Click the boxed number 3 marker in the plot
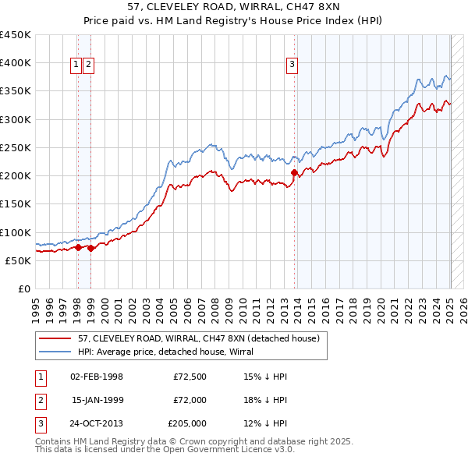(x=292, y=65)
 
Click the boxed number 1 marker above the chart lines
(x=77, y=65)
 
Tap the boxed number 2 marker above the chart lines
(x=88, y=65)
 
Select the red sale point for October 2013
(x=294, y=172)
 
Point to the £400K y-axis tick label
(x=16, y=62)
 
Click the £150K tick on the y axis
(x=16, y=203)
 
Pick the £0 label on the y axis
(x=23, y=288)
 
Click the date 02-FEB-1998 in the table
(x=97, y=377)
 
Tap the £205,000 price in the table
(x=187, y=423)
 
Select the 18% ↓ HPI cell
(x=265, y=400)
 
